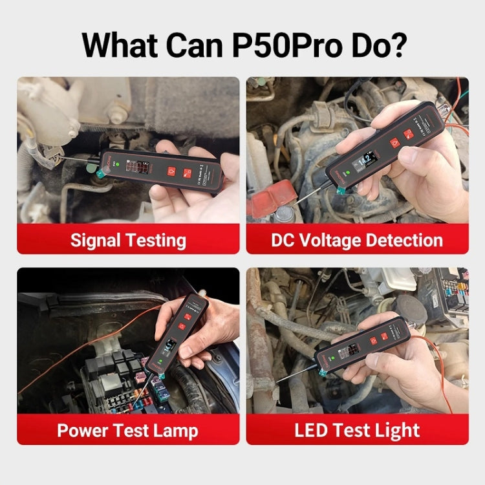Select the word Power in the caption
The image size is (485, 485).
(83, 431)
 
